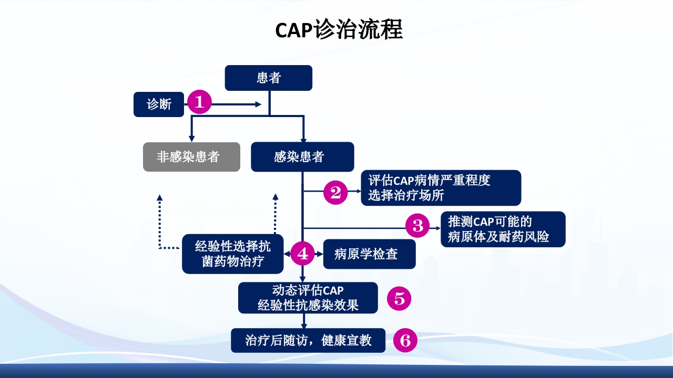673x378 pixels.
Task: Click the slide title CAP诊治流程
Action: click(x=339, y=30)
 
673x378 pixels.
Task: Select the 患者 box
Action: click(x=269, y=78)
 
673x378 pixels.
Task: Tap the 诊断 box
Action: click(x=159, y=104)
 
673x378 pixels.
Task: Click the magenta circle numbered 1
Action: click(x=199, y=102)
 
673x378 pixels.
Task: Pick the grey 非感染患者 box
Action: click(x=191, y=156)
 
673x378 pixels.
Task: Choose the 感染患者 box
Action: click(x=302, y=156)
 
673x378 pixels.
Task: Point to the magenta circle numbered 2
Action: click(x=335, y=192)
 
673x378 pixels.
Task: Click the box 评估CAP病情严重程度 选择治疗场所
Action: click(x=441, y=187)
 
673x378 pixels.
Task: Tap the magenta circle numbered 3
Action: click(x=418, y=226)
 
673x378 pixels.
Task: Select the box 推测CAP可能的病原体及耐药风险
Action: click(x=503, y=229)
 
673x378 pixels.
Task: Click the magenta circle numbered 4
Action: click(x=303, y=254)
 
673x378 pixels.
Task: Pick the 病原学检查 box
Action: click(x=369, y=254)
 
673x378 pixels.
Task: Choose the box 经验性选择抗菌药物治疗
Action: click(x=232, y=254)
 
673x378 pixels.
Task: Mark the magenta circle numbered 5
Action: click(x=399, y=299)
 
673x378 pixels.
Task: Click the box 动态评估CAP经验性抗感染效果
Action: click(x=308, y=298)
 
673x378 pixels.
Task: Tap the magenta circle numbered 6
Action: click(x=405, y=341)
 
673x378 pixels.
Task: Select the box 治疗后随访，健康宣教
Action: click(x=308, y=340)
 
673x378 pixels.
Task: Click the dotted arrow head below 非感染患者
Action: click(x=160, y=198)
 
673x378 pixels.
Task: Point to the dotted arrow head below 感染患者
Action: click(x=275, y=198)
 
